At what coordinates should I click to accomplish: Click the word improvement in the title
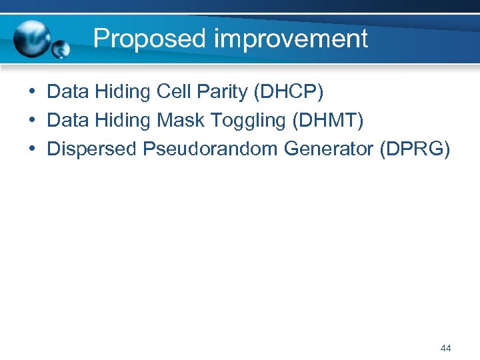(291, 39)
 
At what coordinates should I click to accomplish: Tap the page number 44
(446, 348)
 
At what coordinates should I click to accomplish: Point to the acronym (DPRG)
(415, 149)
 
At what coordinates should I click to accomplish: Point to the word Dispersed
(92, 149)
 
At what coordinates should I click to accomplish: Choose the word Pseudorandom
(211, 149)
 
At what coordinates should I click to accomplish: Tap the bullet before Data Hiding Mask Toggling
(33, 120)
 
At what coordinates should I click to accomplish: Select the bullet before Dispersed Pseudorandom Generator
(33, 149)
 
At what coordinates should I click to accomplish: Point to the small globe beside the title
(62, 48)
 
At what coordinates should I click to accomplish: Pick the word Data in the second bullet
(69, 120)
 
